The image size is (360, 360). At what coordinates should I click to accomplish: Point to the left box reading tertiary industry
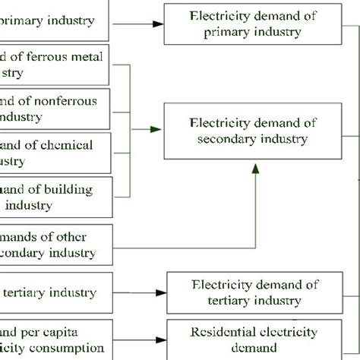(x=57, y=292)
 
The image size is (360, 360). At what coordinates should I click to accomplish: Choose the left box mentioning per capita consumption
(x=57, y=339)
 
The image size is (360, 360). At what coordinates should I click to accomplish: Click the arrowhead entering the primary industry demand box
(x=158, y=24)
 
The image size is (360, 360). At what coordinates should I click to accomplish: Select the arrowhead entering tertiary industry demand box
(x=161, y=292)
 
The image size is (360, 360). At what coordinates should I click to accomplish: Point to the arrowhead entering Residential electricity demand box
(x=161, y=339)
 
